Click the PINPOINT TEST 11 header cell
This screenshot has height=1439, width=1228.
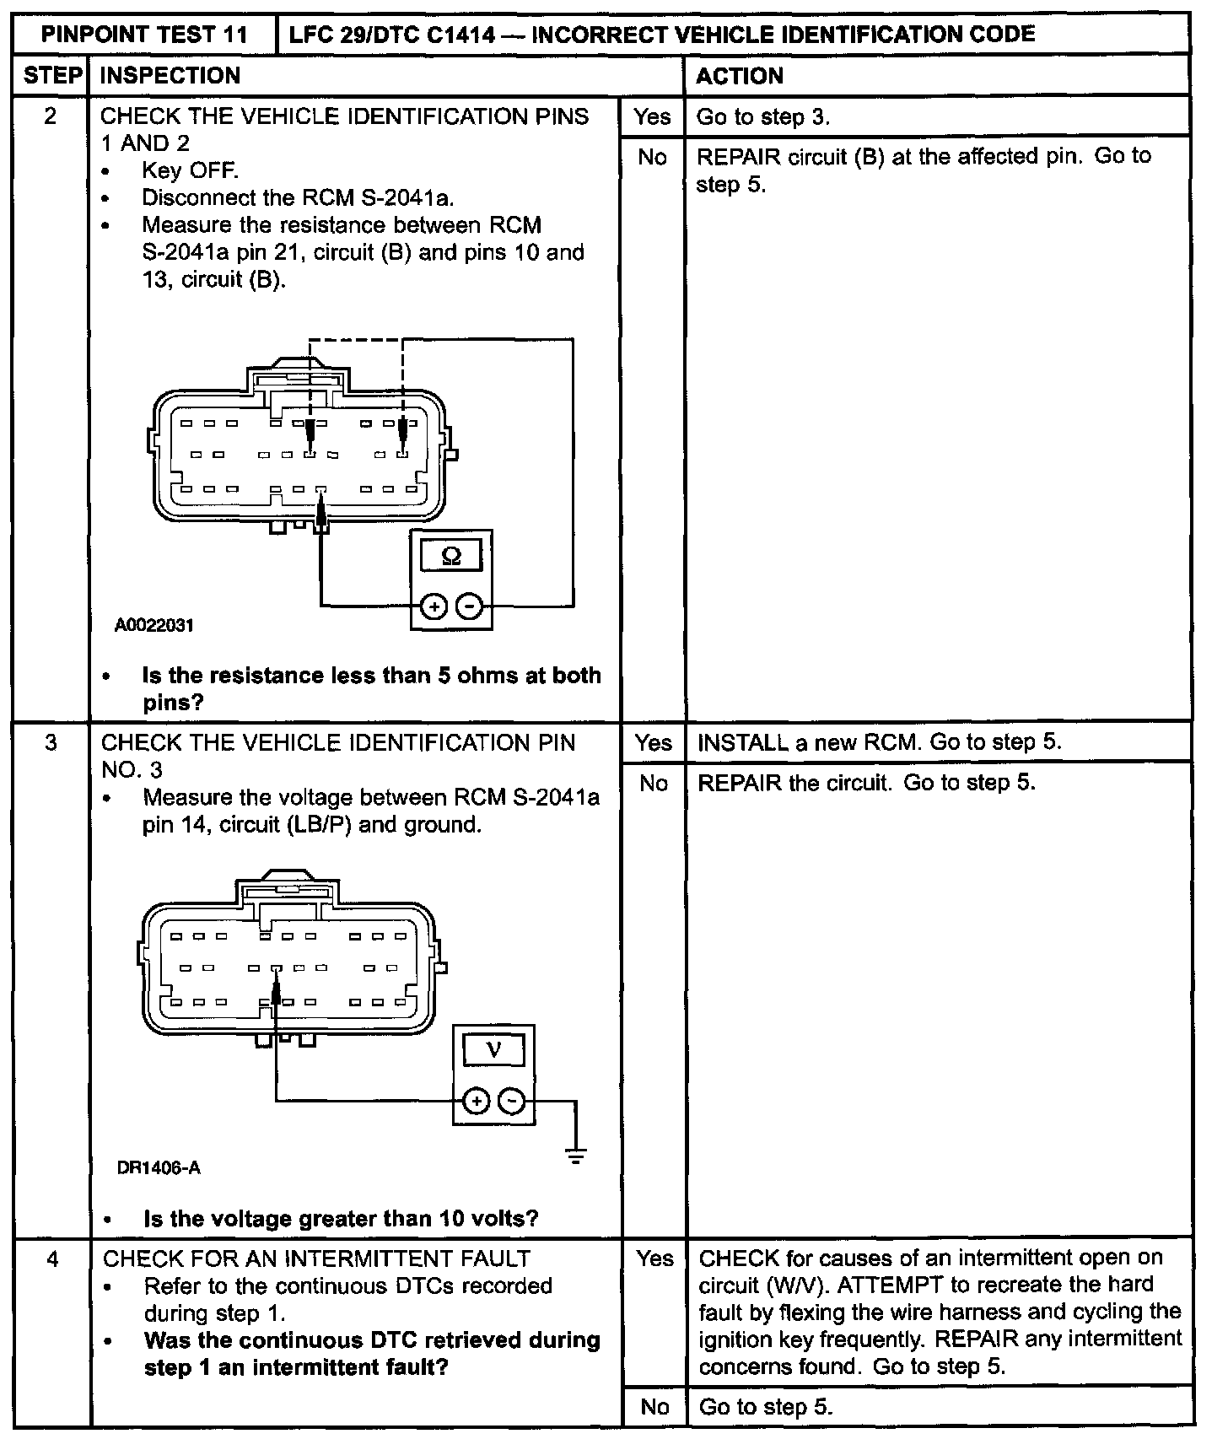point(144,35)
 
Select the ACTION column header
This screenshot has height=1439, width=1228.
point(739,76)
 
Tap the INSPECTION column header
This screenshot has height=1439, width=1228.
point(170,76)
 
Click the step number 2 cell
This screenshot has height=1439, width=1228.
point(51,116)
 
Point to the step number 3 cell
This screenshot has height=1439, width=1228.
point(51,743)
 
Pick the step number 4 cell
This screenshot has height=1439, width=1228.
point(52,1259)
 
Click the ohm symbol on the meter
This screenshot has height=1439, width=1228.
point(451,557)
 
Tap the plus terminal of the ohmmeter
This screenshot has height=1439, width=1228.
point(434,606)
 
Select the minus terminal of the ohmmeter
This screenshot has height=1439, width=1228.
point(470,606)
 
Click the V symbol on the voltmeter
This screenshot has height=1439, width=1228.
point(494,1051)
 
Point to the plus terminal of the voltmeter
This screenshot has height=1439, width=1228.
point(477,1101)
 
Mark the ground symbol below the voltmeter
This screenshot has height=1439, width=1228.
point(576,1156)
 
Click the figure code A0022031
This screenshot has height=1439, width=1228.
point(154,625)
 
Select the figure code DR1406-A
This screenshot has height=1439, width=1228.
point(159,1168)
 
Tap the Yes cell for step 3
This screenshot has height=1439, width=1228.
point(653,743)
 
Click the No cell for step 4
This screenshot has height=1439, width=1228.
point(654,1406)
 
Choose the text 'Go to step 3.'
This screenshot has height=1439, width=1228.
point(762,117)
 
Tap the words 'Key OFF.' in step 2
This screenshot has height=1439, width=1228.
point(190,171)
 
